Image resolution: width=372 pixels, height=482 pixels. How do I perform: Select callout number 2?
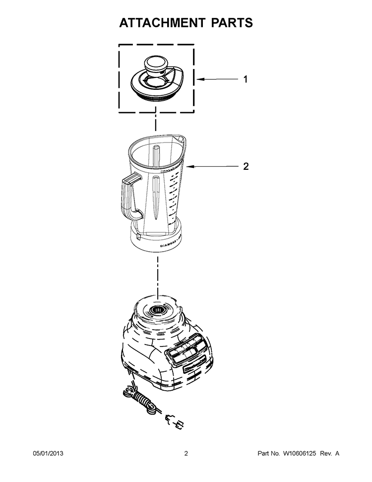[x=245, y=167]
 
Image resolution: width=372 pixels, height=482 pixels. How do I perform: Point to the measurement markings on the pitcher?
[x=173, y=199]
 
